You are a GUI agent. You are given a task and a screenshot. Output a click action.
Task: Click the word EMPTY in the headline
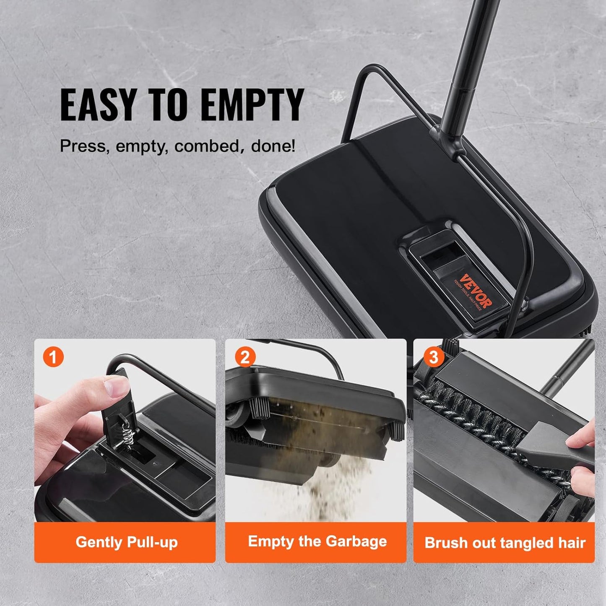[x=252, y=105]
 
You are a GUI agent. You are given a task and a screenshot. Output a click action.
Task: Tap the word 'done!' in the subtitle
[x=273, y=146]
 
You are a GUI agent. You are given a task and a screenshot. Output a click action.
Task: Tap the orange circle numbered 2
[x=244, y=357]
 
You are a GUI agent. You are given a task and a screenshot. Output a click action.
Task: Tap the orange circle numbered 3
[x=433, y=357]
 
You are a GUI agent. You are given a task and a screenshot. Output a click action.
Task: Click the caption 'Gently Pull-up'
[x=126, y=542]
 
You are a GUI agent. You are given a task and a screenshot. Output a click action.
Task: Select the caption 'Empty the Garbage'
[x=317, y=541]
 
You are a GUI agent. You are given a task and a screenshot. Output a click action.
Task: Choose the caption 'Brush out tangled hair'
[x=505, y=543]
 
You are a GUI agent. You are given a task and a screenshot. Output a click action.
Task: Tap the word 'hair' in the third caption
[x=572, y=543]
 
